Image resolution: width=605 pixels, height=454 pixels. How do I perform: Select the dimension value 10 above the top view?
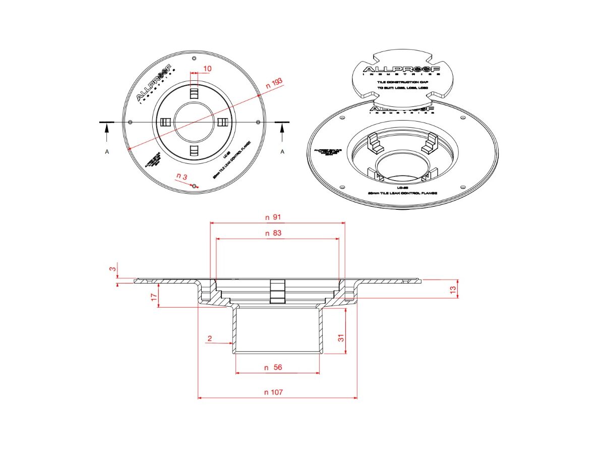click(207, 68)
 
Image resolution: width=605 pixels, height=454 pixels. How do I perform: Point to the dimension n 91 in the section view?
click(273, 217)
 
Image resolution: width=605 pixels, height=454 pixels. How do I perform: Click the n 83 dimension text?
click(273, 233)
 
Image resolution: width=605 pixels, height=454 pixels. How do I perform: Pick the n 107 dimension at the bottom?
click(273, 392)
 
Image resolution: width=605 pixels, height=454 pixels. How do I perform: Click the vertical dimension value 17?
click(154, 298)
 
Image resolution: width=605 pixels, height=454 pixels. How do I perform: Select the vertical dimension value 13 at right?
click(453, 289)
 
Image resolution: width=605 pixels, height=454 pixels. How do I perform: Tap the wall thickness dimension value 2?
click(210, 338)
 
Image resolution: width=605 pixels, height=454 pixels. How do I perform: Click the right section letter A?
click(282, 151)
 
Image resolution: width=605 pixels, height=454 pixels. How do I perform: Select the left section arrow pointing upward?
click(107, 132)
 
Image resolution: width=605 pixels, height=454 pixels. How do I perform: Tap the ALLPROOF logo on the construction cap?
click(402, 70)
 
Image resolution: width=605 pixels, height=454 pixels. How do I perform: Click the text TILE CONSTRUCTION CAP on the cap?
click(402, 81)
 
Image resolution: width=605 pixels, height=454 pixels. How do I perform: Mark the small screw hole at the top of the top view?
click(195, 59)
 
